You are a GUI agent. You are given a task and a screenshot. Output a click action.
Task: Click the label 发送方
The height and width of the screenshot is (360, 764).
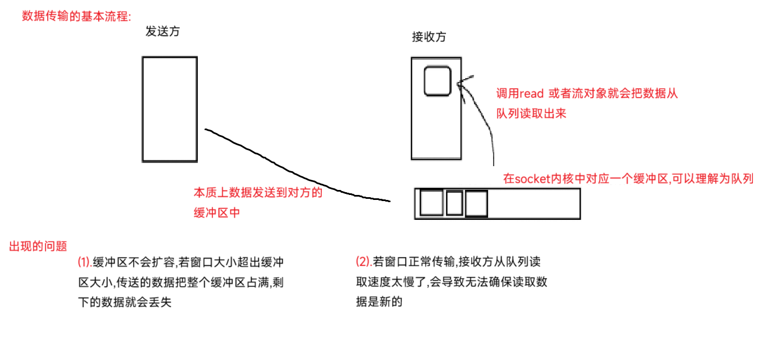162,32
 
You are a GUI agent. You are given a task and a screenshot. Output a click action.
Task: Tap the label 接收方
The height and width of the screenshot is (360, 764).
429,37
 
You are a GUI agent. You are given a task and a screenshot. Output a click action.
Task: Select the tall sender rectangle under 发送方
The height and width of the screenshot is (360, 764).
170,109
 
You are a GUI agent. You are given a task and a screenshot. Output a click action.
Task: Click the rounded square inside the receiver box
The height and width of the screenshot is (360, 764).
437,81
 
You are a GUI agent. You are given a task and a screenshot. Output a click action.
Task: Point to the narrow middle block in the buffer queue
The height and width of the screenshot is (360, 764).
454,203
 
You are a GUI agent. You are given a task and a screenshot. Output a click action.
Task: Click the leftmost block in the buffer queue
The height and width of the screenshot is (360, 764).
432,203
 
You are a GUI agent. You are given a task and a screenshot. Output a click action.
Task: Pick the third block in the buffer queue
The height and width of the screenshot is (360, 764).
476,203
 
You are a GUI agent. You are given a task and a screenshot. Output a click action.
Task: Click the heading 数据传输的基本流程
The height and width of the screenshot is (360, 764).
76,16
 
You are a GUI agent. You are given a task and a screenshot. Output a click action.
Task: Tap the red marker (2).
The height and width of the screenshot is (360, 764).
364,261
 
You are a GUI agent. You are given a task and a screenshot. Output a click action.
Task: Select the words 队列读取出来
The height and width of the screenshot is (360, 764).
531,114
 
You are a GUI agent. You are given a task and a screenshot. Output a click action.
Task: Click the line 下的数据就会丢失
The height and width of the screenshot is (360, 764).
125,303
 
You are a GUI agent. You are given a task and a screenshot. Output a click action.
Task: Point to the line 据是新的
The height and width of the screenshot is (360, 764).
379,302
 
